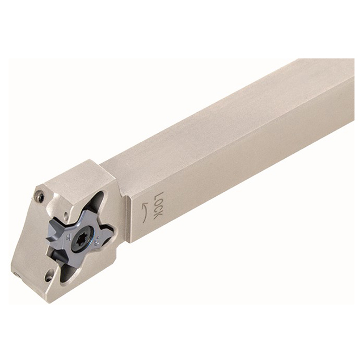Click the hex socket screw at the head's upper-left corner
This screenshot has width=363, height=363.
coord(39,197)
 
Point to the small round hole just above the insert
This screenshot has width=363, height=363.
coord(66,215)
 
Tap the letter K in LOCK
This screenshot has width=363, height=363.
coord(157,216)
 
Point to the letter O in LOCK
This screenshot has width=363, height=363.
coord(158,203)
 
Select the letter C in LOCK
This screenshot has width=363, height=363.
coord(157,209)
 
